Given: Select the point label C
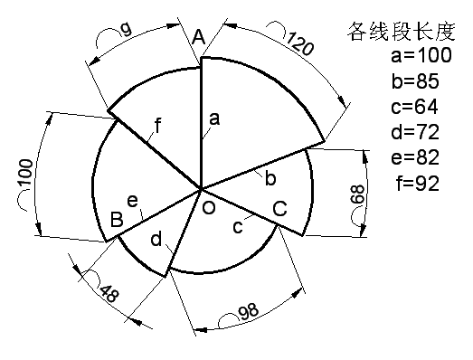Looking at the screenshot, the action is tap(280, 208).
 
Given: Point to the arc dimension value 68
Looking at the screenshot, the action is tap(358, 194).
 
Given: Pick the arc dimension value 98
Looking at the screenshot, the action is tap(248, 312).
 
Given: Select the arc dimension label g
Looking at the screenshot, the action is tap(127, 29).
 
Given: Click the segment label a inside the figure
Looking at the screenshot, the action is tap(214, 117).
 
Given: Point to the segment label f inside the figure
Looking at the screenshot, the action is tap(157, 125).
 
